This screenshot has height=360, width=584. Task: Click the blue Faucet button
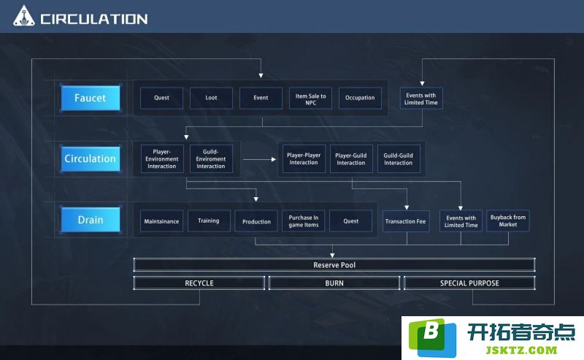click(x=91, y=98)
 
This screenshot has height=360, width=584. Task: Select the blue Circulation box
click(x=91, y=158)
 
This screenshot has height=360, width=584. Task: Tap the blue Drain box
click(x=91, y=220)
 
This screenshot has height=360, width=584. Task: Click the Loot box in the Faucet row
click(x=211, y=98)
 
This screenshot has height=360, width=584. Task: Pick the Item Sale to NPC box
click(x=311, y=98)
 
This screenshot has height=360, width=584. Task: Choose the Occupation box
click(x=360, y=98)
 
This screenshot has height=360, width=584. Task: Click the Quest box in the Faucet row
click(x=161, y=98)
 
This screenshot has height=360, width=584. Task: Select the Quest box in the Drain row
click(x=351, y=221)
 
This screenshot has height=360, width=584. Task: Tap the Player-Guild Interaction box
click(x=351, y=158)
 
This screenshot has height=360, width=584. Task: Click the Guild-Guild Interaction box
click(x=399, y=158)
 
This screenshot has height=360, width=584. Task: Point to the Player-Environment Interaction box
click(x=162, y=158)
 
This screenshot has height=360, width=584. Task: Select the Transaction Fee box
click(x=406, y=221)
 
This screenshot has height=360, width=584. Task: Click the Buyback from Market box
click(x=508, y=221)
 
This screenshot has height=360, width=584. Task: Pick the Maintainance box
click(x=161, y=221)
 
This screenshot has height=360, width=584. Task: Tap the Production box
click(x=256, y=221)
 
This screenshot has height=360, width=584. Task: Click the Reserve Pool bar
click(x=334, y=265)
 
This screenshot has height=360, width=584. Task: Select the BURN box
click(x=334, y=283)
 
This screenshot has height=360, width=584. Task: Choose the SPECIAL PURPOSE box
click(x=469, y=283)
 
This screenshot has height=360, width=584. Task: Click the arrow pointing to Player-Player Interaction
click(x=260, y=159)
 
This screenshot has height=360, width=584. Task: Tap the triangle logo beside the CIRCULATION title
click(x=24, y=16)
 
